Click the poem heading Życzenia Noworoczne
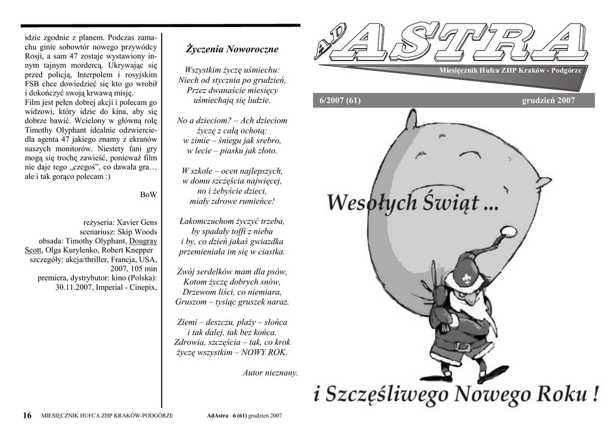pyautogui.click(x=232, y=49)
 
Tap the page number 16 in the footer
pyautogui.click(x=27, y=415)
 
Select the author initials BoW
pyautogui.click(x=148, y=194)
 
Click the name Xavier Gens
pyautogui.click(x=136, y=222)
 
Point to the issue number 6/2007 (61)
pyautogui.click(x=340, y=100)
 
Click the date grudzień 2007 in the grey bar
pyautogui.click(x=548, y=100)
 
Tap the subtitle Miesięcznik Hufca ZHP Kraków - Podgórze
pyautogui.click(x=510, y=71)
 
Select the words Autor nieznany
pyautogui.click(x=270, y=373)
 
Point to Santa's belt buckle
pyautogui.click(x=462, y=347)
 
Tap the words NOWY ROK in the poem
pyautogui.click(x=264, y=352)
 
